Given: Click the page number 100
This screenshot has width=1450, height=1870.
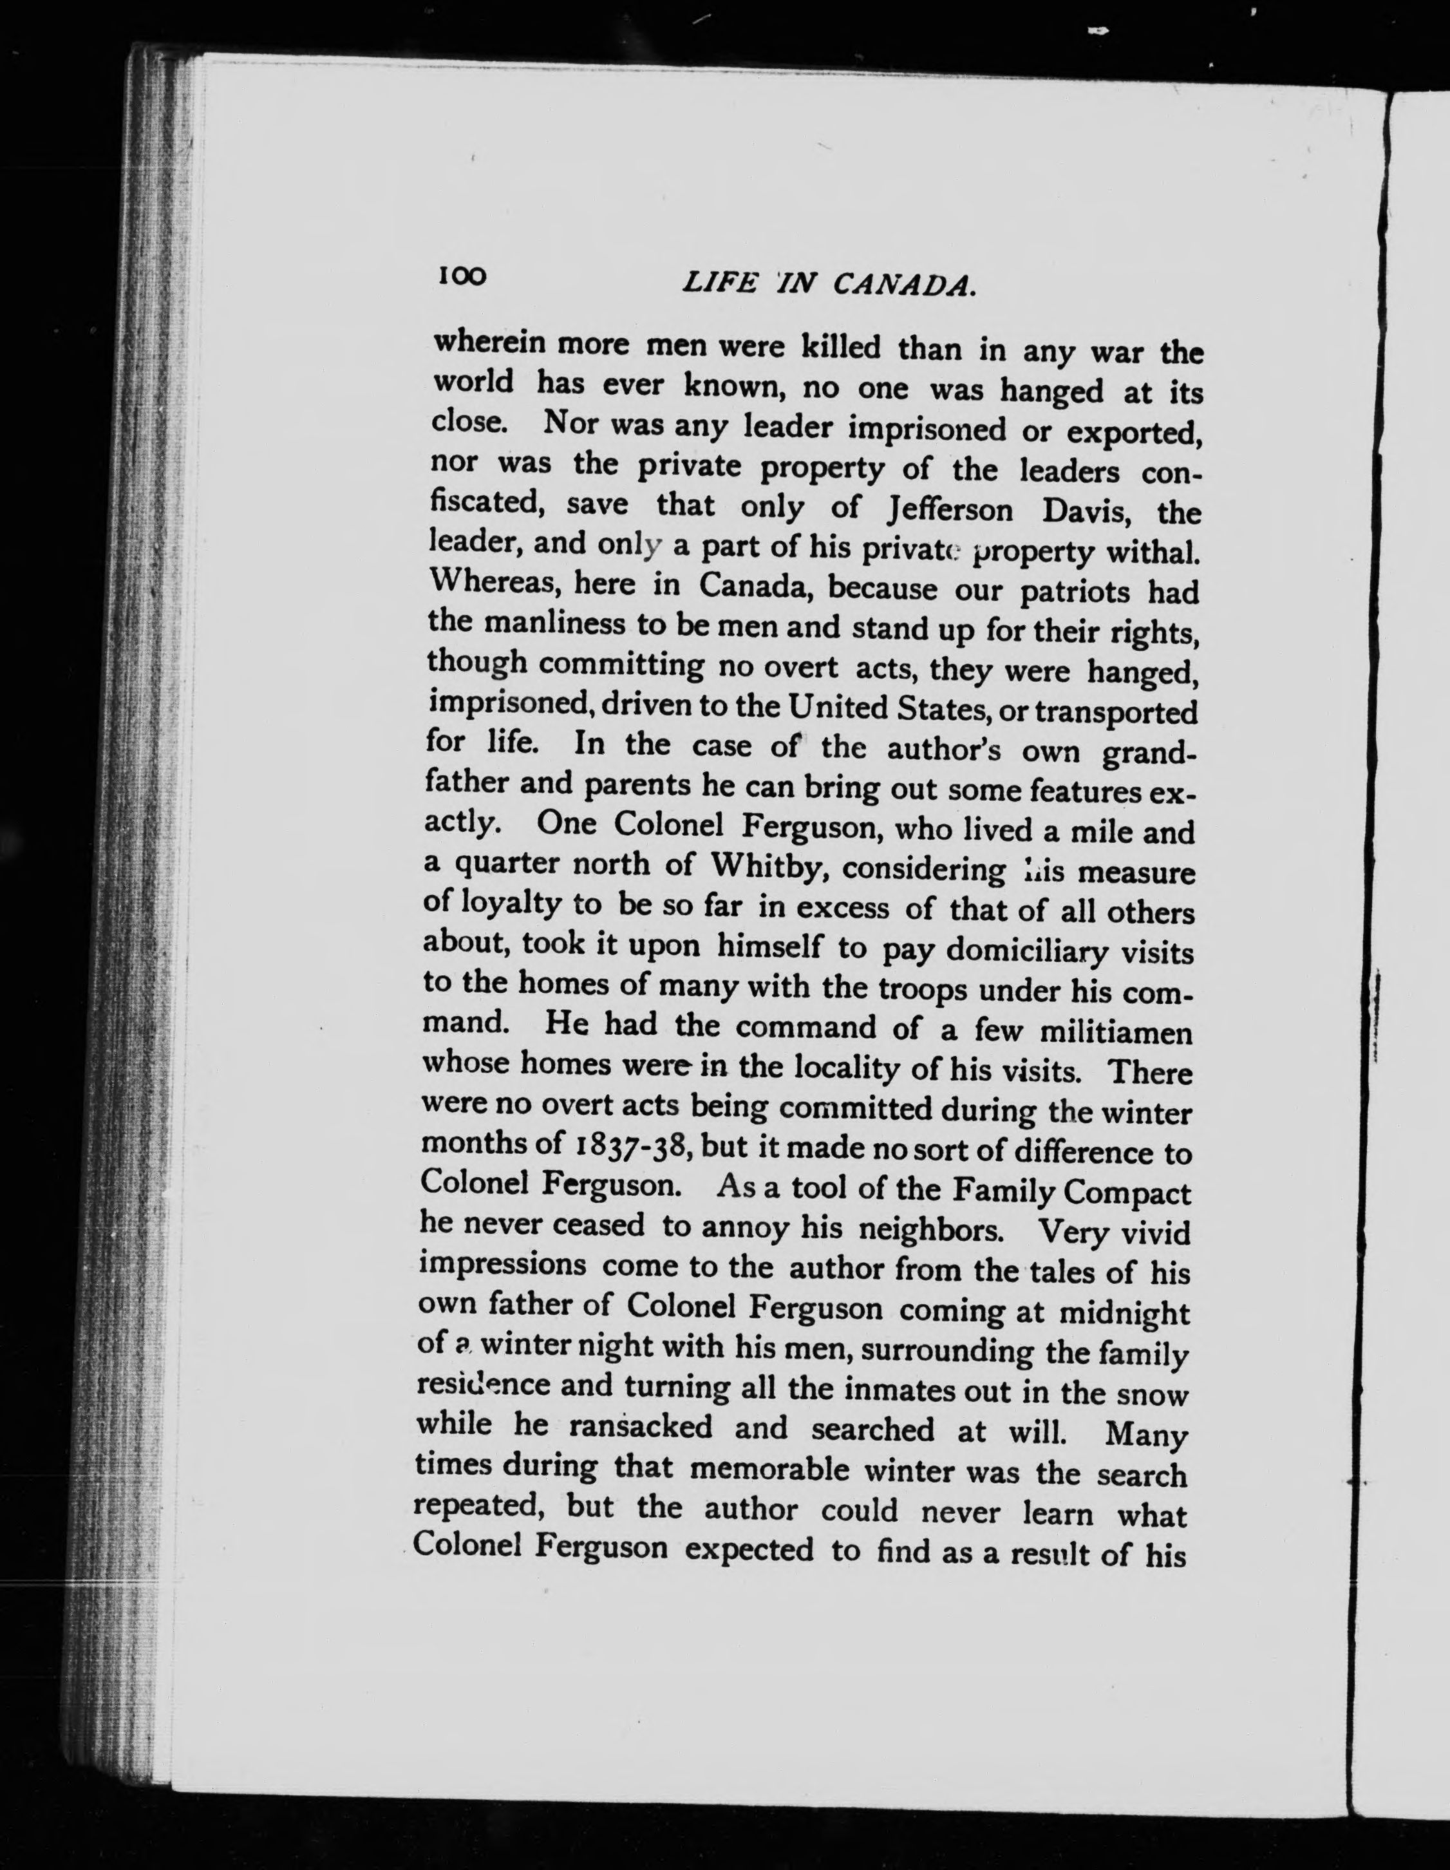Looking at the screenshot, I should [462, 276].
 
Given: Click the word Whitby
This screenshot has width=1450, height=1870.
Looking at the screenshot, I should [767, 867].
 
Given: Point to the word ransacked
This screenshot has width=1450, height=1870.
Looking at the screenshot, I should [640, 1426].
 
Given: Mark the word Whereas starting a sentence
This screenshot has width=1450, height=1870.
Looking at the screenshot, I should [494, 585].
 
